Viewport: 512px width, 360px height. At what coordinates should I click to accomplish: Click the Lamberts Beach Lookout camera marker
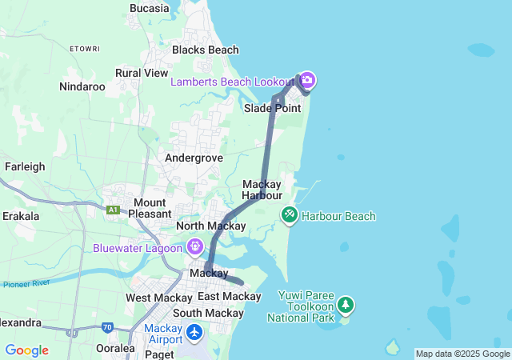coord(306,81)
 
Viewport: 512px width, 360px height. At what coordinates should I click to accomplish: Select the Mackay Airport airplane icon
coord(194,330)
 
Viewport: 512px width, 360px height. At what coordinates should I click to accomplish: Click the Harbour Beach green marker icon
coord(290,215)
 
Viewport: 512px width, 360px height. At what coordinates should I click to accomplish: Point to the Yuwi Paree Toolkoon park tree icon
coord(346,305)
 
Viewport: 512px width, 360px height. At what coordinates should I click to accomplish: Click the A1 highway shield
coord(113,210)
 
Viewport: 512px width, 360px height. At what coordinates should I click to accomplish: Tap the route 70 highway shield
coord(107,327)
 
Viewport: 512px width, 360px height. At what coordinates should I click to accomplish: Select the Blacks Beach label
coord(206,50)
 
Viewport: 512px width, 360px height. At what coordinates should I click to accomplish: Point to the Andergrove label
coord(194,158)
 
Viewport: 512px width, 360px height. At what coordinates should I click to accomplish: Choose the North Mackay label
coord(210,226)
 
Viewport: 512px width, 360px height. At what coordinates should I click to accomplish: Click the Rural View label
coord(142,73)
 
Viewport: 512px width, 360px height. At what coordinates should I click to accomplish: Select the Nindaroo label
coord(82,86)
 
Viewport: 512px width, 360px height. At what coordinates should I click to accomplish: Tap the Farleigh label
coord(25,166)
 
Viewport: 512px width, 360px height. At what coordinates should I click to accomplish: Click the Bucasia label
coord(149,8)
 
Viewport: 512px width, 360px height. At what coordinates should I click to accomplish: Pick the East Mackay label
coord(230,297)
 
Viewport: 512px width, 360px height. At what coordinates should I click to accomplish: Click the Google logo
coord(26,350)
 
